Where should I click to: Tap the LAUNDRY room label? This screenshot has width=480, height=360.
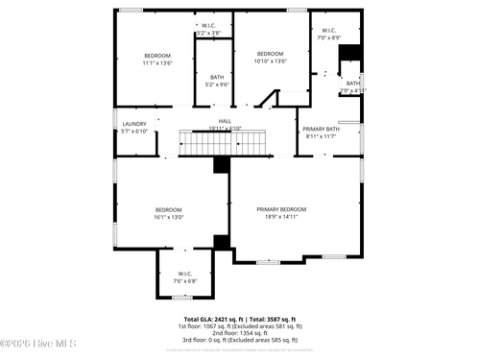133,124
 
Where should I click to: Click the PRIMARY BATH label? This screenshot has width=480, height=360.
321,129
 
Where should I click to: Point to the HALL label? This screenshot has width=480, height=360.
225,121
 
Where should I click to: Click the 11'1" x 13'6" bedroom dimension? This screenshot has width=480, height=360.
156,62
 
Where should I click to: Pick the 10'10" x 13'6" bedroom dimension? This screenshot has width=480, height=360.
270,60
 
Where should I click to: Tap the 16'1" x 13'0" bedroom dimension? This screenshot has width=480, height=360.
169,217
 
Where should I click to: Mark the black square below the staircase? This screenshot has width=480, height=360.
221,165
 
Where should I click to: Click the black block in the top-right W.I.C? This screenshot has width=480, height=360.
350,52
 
